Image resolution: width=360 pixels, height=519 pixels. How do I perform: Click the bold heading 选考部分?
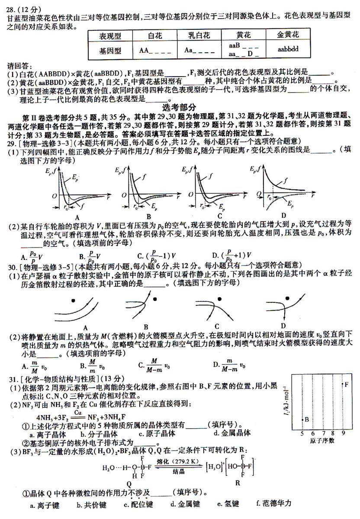(x=180, y=107)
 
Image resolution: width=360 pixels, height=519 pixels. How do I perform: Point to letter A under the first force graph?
(x=77, y=217)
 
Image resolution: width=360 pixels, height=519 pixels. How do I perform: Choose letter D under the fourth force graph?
(x=284, y=215)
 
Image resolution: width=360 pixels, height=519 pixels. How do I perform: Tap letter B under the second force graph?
(x=148, y=217)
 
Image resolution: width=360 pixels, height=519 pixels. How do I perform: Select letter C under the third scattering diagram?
(x=216, y=326)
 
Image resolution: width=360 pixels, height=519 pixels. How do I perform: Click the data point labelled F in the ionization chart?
(x=342, y=384)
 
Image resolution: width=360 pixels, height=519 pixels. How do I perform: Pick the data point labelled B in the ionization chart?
(x=302, y=419)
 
